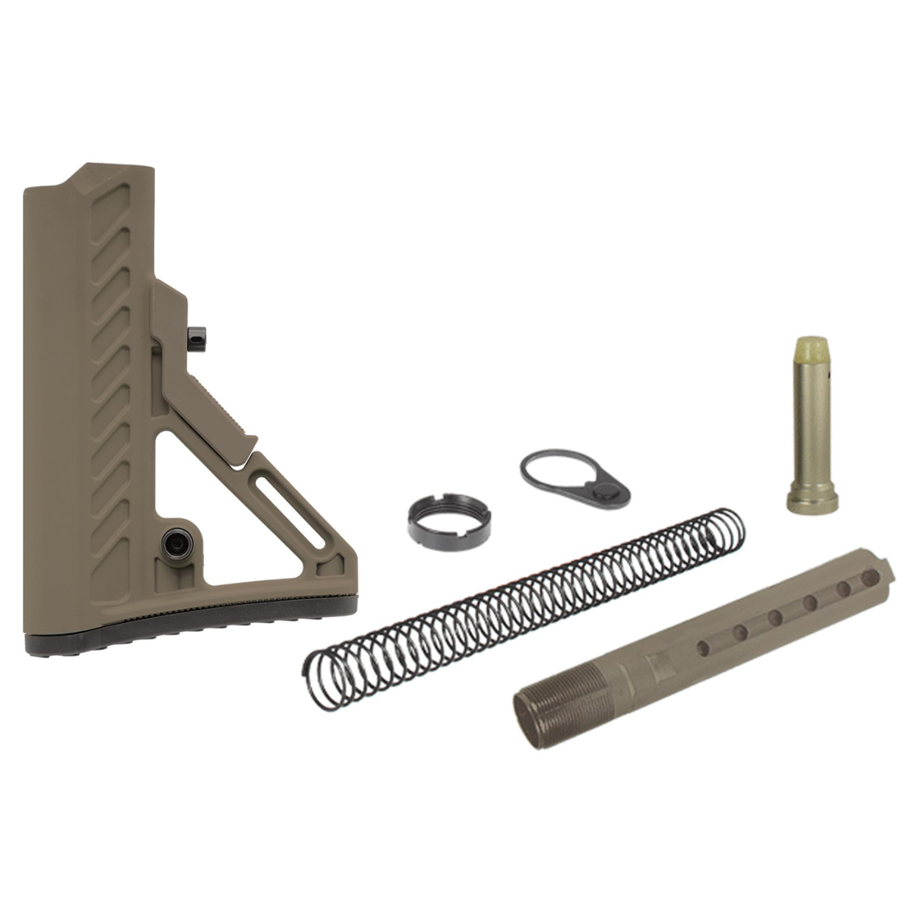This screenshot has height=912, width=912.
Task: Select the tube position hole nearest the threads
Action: [704, 646]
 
